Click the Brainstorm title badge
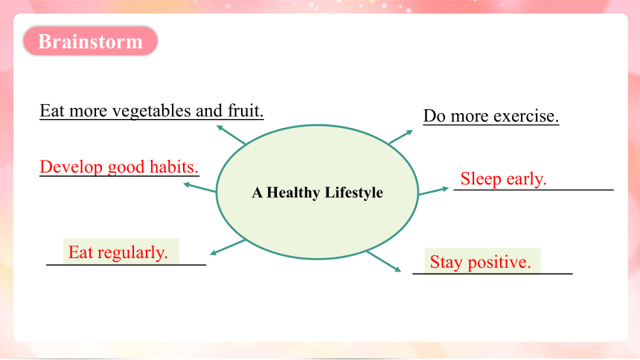[x=90, y=41]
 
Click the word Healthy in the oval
[x=293, y=193]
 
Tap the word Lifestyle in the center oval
[x=354, y=193]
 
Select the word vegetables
[x=151, y=111]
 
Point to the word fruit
[x=246, y=111]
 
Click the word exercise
[x=526, y=116]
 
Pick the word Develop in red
[x=71, y=167]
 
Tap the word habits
[x=174, y=167]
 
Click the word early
[x=527, y=179]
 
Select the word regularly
[x=132, y=253]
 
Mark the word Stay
[x=446, y=262]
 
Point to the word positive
[x=499, y=262]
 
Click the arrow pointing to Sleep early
[x=433, y=191]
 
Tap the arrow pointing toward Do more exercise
[x=401, y=137]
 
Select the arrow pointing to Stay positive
[x=384, y=262]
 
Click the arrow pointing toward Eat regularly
[x=228, y=247]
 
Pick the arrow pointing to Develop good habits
[x=199, y=187]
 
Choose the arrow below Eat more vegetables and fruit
[x=231, y=135]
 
